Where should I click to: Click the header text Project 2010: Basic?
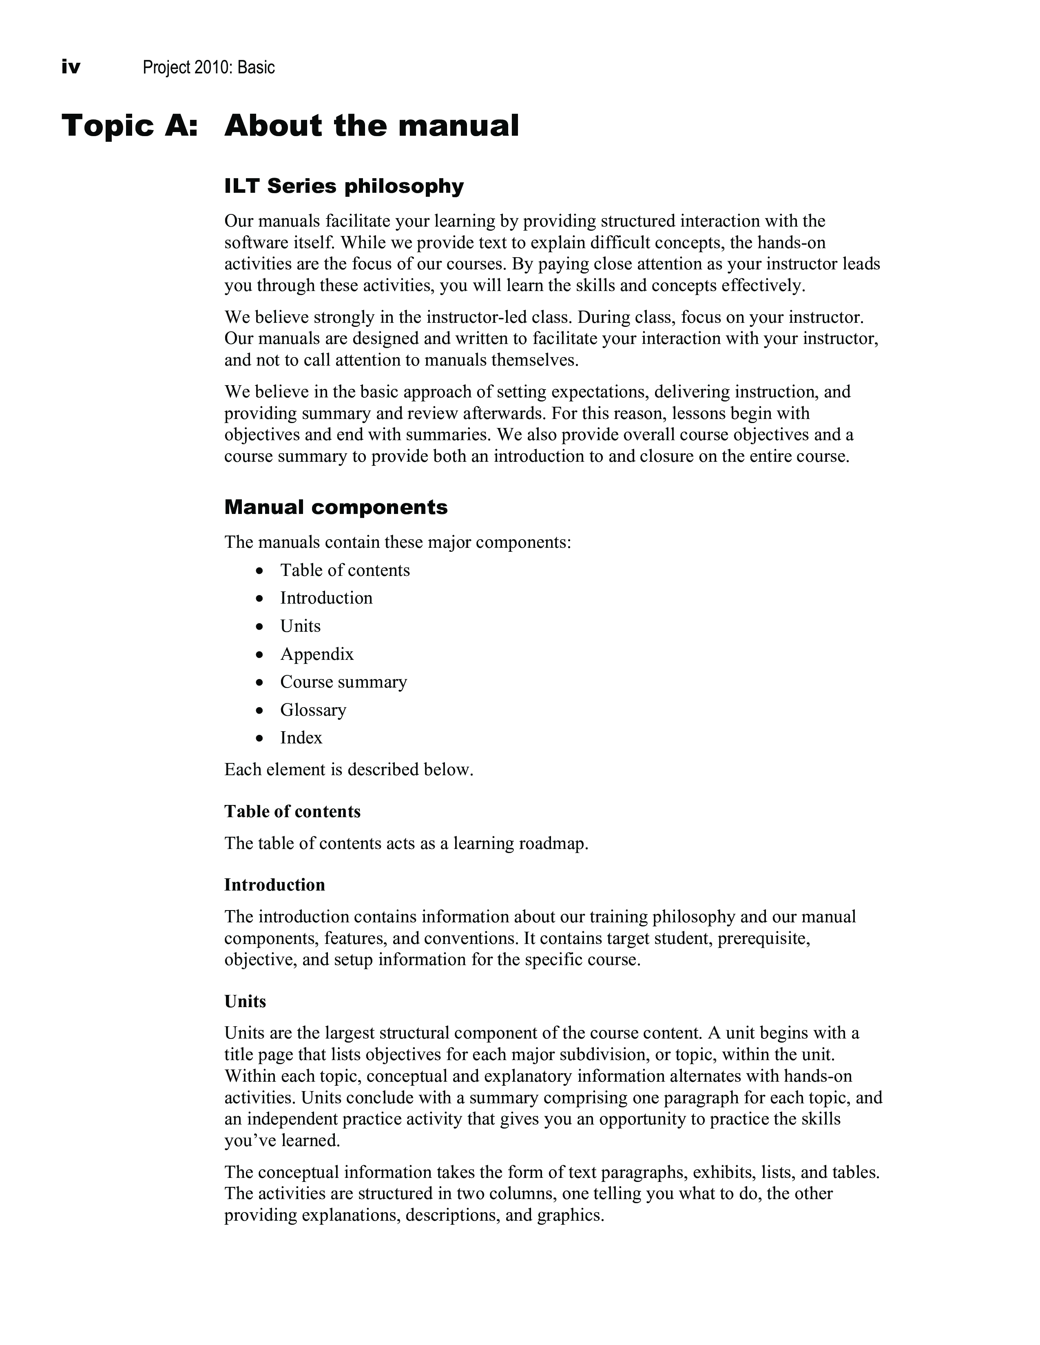pyautogui.click(x=208, y=67)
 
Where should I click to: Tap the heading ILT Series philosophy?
pyautogui.click(x=344, y=186)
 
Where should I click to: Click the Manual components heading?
pyautogui.click(x=336, y=507)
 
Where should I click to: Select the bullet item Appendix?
pyautogui.click(x=316, y=654)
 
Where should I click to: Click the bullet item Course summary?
pyautogui.click(x=343, y=682)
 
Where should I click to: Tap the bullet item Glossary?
pyautogui.click(x=313, y=710)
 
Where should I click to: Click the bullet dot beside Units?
pyautogui.click(x=261, y=627)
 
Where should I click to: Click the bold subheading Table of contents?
pyautogui.click(x=292, y=811)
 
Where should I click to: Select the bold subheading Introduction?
pyautogui.click(x=274, y=885)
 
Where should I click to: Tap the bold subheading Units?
pyautogui.click(x=245, y=1001)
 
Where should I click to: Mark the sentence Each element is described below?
pyautogui.click(x=349, y=770)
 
